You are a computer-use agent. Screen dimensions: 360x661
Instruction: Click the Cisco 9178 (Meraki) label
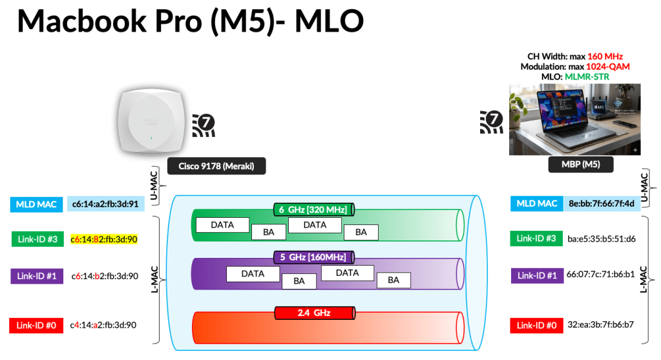[x=216, y=166]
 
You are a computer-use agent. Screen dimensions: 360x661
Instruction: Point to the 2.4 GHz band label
[x=314, y=313]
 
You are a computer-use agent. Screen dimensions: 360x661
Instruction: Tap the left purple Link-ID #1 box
[x=36, y=276]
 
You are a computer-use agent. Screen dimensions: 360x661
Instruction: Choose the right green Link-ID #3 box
[x=536, y=238]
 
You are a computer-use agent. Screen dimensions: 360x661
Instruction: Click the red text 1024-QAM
[x=607, y=67]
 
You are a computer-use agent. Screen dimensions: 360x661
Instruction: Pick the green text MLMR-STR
[x=587, y=77]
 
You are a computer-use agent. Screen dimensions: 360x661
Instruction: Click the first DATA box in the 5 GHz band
[x=253, y=273]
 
